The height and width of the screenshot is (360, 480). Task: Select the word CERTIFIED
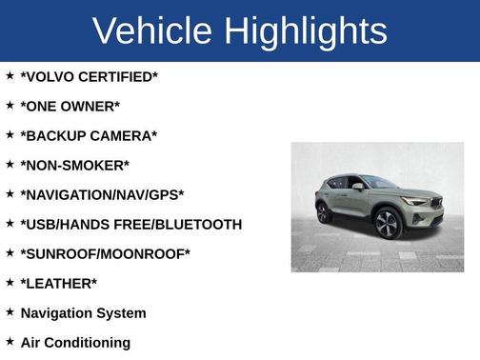(x=119, y=76)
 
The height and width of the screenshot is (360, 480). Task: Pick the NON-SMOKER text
(x=74, y=165)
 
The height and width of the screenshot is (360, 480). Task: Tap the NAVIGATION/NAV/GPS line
(x=102, y=194)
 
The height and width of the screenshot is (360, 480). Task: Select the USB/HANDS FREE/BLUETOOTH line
(x=130, y=224)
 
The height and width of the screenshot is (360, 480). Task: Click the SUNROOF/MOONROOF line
(x=105, y=253)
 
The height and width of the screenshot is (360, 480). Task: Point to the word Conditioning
(x=89, y=342)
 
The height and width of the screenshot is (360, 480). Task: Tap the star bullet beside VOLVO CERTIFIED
(x=10, y=75)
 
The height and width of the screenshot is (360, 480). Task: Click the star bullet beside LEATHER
(x=10, y=282)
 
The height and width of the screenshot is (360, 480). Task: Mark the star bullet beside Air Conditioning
(x=10, y=341)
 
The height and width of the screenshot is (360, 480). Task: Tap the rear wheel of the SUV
(x=324, y=212)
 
